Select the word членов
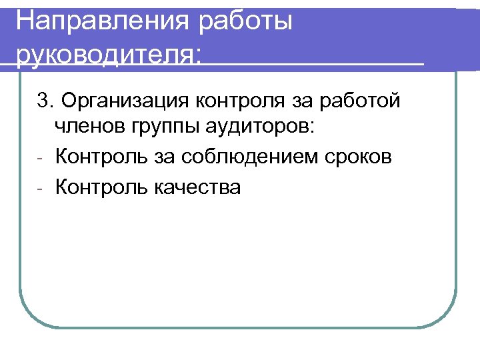click(85, 127)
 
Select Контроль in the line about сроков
click(99, 157)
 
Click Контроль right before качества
click(99, 187)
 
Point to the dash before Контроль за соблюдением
click(40, 159)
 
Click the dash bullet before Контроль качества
click(40, 189)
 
